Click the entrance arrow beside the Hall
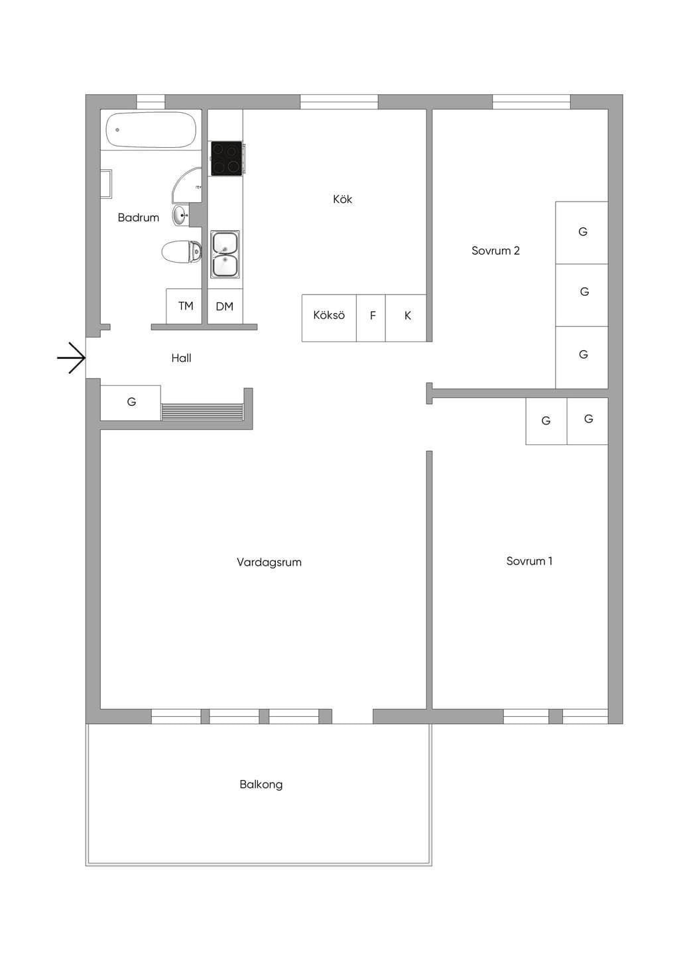[72, 357]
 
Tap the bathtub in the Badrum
[151, 129]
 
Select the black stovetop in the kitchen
[227, 159]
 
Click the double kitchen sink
[225, 255]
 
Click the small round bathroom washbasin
[180, 215]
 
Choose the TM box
[184, 306]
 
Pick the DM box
[225, 306]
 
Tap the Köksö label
[329, 315]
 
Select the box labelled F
[371, 318]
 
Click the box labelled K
[406, 318]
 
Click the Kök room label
[342, 199]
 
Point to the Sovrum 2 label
[495, 251]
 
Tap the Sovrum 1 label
[529, 560]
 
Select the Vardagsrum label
[269, 562]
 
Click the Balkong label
[261, 784]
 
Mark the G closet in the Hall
[131, 403]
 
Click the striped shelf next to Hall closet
[202, 411]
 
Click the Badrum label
[138, 218]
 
